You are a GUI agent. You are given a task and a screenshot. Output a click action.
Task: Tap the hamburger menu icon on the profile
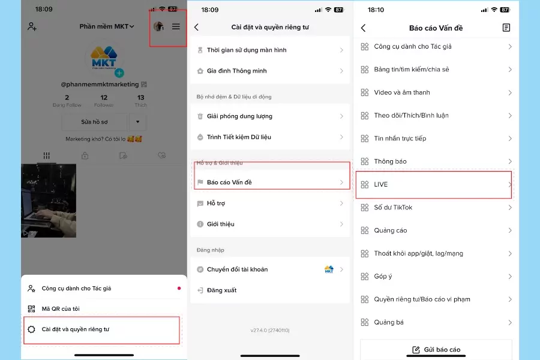pyautogui.click(x=176, y=26)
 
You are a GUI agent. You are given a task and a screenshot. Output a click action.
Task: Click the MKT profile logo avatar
pyautogui.click(x=104, y=60)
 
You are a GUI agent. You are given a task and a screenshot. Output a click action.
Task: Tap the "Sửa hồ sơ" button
pyautogui.click(x=95, y=122)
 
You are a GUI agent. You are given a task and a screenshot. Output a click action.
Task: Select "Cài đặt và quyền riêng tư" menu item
pyautogui.click(x=76, y=329)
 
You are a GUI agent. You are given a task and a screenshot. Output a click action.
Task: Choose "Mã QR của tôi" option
pyautogui.click(x=60, y=309)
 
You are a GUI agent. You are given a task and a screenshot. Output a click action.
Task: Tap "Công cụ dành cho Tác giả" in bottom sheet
pyautogui.click(x=76, y=289)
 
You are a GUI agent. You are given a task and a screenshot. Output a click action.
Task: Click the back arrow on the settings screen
pyautogui.click(x=196, y=27)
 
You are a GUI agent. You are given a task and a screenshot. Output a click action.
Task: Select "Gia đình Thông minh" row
pyautogui.click(x=236, y=71)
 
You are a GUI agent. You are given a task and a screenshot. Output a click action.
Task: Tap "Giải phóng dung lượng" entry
pyautogui.click(x=239, y=116)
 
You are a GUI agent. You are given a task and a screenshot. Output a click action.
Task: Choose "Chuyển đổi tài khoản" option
pyautogui.click(x=238, y=269)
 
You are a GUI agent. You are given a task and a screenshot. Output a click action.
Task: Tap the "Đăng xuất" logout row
pyautogui.click(x=221, y=290)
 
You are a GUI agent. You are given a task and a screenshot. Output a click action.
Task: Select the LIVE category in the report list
pyautogui.click(x=382, y=185)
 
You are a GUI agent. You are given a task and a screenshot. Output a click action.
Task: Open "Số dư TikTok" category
pyautogui.click(x=393, y=208)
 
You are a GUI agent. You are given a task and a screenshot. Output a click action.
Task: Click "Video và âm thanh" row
pyautogui.click(x=401, y=93)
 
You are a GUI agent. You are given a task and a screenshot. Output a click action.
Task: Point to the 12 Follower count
pyautogui.click(x=104, y=101)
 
